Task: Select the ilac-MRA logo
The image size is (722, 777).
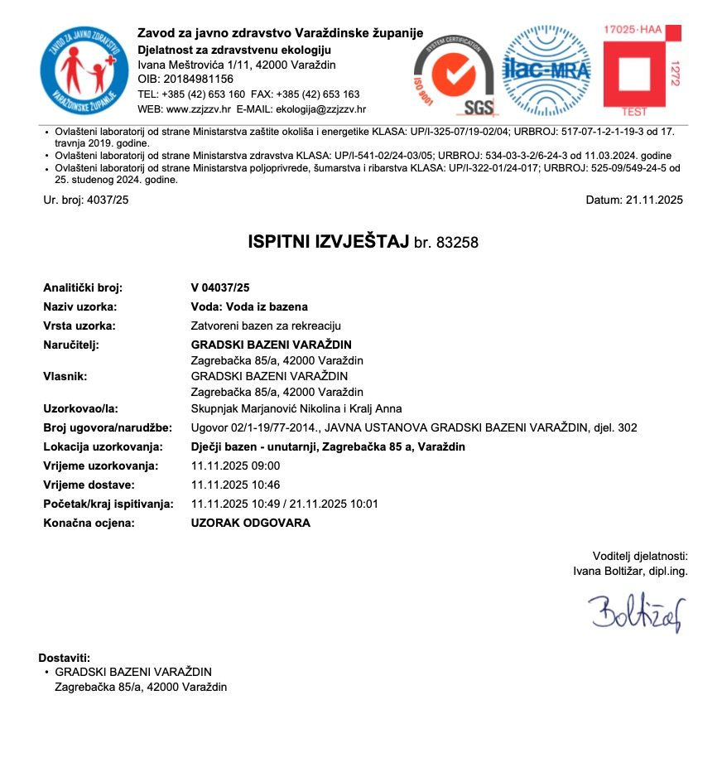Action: pyautogui.click(x=542, y=70)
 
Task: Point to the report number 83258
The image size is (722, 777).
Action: pyautogui.click(x=459, y=243)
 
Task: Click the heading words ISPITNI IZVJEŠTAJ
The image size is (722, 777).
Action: pyautogui.click(x=329, y=242)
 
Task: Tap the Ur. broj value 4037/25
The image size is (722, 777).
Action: pyautogui.click(x=107, y=200)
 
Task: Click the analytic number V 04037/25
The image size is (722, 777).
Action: pyautogui.click(x=219, y=287)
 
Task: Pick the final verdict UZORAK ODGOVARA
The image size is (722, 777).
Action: pyautogui.click(x=250, y=523)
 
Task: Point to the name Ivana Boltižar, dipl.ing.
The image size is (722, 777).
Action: pyautogui.click(x=630, y=570)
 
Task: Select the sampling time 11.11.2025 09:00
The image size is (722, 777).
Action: pyautogui.click(x=235, y=466)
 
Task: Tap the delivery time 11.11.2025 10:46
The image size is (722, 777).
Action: pyautogui.click(x=235, y=485)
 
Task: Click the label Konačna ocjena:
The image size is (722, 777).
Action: pyautogui.click(x=89, y=523)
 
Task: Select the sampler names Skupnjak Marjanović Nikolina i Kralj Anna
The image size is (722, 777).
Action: pyautogui.click(x=296, y=408)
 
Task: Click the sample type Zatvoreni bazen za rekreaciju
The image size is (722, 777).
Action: pyautogui.click(x=266, y=326)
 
